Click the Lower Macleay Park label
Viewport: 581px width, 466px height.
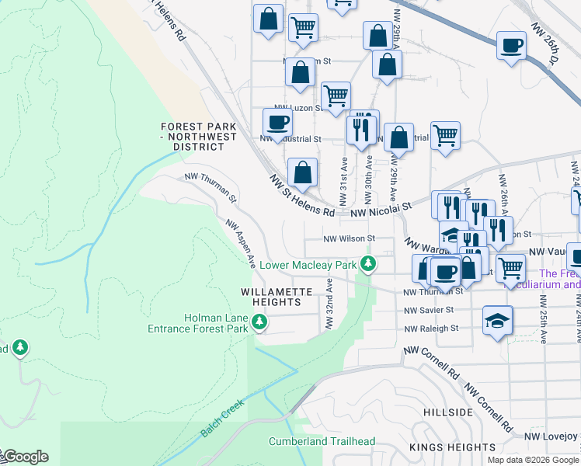308,266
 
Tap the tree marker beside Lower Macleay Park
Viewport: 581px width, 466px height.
371,265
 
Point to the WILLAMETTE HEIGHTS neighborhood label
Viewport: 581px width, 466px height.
277,292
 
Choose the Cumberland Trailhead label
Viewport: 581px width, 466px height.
322,442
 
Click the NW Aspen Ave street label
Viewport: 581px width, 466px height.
241,243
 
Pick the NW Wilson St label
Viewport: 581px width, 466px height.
349,238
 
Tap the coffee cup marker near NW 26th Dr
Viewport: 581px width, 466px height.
511,47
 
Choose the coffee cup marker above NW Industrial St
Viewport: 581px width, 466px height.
277,122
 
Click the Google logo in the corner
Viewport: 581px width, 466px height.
25,457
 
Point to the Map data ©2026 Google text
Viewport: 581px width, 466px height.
532,460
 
